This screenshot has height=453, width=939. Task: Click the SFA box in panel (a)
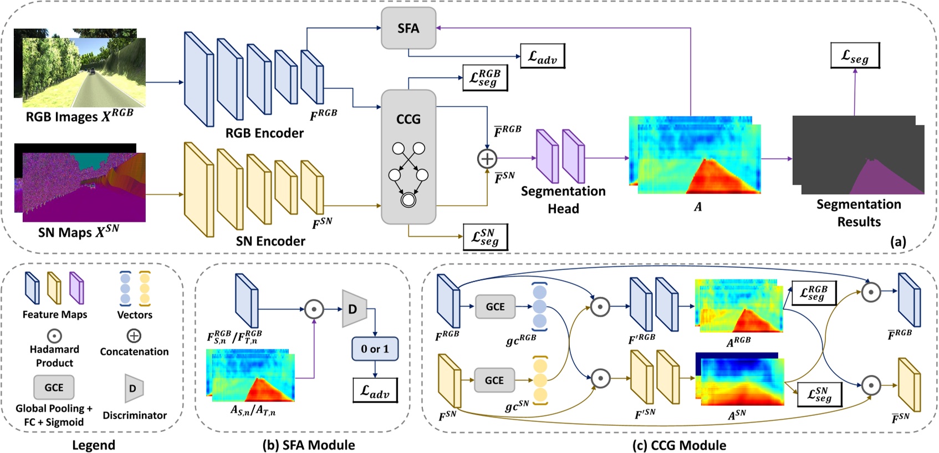tap(408, 28)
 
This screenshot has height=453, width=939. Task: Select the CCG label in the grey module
tap(408, 119)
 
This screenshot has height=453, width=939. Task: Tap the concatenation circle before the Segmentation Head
tap(487, 159)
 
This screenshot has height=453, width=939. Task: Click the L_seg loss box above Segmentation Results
tap(854, 55)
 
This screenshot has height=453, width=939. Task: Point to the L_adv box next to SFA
tap(542, 57)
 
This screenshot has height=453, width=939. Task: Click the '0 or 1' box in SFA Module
tap(375, 349)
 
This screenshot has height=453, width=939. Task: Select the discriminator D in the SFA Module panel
tap(353, 309)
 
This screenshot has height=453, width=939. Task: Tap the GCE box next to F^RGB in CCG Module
tap(495, 307)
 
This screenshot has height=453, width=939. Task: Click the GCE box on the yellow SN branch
tap(494, 380)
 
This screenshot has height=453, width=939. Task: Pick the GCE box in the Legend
tap(54, 388)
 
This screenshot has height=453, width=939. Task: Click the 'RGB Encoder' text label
tap(264, 133)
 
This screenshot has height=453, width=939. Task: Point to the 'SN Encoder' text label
tap(270, 241)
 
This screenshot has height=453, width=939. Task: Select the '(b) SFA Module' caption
tap(308, 445)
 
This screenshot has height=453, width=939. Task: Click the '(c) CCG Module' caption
tap(679, 445)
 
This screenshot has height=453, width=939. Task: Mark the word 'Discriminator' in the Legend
tap(135, 415)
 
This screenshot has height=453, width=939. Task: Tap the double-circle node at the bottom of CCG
tap(409, 200)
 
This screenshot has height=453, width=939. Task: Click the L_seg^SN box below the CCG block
tap(485, 237)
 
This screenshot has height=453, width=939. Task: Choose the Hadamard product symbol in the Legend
tap(54, 336)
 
